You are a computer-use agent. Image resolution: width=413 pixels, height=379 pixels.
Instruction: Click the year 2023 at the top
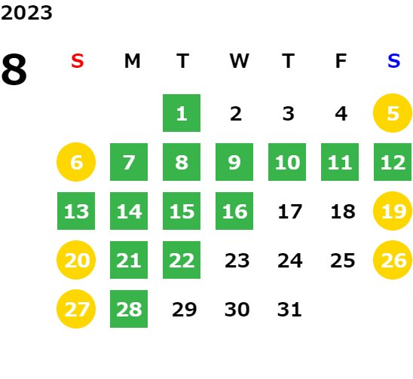tap(26, 13)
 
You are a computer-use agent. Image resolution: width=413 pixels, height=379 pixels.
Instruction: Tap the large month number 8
tap(14, 69)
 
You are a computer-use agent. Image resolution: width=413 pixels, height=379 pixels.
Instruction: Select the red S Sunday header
tap(78, 61)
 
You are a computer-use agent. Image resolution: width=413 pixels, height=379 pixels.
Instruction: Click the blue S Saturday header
tap(393, 61)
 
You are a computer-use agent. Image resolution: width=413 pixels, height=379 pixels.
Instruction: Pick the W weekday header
tap(239, 61)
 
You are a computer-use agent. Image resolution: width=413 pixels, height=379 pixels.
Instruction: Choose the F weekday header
tap(341, 61)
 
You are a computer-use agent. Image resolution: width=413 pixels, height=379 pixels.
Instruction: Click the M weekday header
tap(132, 61)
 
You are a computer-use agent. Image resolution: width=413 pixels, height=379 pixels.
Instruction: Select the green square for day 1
tap(182, 113)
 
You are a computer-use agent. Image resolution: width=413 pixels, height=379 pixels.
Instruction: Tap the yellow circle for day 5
tap(393, 113)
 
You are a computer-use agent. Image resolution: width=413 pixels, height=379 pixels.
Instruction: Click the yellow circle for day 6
tap(76, 162)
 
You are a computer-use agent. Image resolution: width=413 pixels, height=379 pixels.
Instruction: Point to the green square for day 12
tap(393, 162)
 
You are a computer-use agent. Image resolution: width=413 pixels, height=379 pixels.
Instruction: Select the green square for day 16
tap(234, 211)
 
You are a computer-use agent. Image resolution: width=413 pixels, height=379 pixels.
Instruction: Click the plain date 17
tap(290, 212)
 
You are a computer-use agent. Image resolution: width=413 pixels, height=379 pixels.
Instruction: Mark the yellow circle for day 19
tap(393, 211)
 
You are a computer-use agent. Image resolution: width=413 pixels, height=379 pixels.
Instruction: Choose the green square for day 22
tap(182, 260)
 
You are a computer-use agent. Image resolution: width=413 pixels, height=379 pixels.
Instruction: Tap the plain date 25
tap(343, 261)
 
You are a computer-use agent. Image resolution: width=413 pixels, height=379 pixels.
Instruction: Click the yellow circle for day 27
tap(76, 309)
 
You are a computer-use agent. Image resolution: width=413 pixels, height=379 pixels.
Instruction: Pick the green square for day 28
tap(129, 309)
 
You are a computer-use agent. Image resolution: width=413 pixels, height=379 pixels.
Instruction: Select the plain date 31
tap(289, 309)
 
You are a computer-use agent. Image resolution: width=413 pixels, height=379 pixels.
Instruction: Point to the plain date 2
tap(236, 114)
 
